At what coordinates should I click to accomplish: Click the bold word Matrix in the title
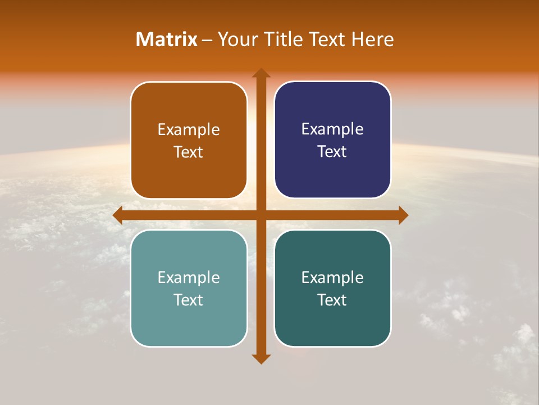[166, 39]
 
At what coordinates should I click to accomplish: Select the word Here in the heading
[373, 39]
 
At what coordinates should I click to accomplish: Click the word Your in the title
[236, 39]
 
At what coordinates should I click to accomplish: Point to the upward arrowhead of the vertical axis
[261, 74]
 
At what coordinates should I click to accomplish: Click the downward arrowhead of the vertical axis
[261, 358]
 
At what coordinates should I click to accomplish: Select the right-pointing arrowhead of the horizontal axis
[403, 215]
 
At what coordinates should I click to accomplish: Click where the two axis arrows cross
[261, 215]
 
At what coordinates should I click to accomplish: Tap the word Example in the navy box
[332, 129]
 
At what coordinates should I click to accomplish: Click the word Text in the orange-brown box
[189, 152]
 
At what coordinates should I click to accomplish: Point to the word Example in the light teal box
[189, 277]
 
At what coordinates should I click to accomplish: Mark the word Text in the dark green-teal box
[332, 300]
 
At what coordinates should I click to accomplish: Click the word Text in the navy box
[332, 152]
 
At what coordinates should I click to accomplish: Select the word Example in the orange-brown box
[189, 129]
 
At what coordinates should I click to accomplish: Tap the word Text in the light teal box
[189, 300]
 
